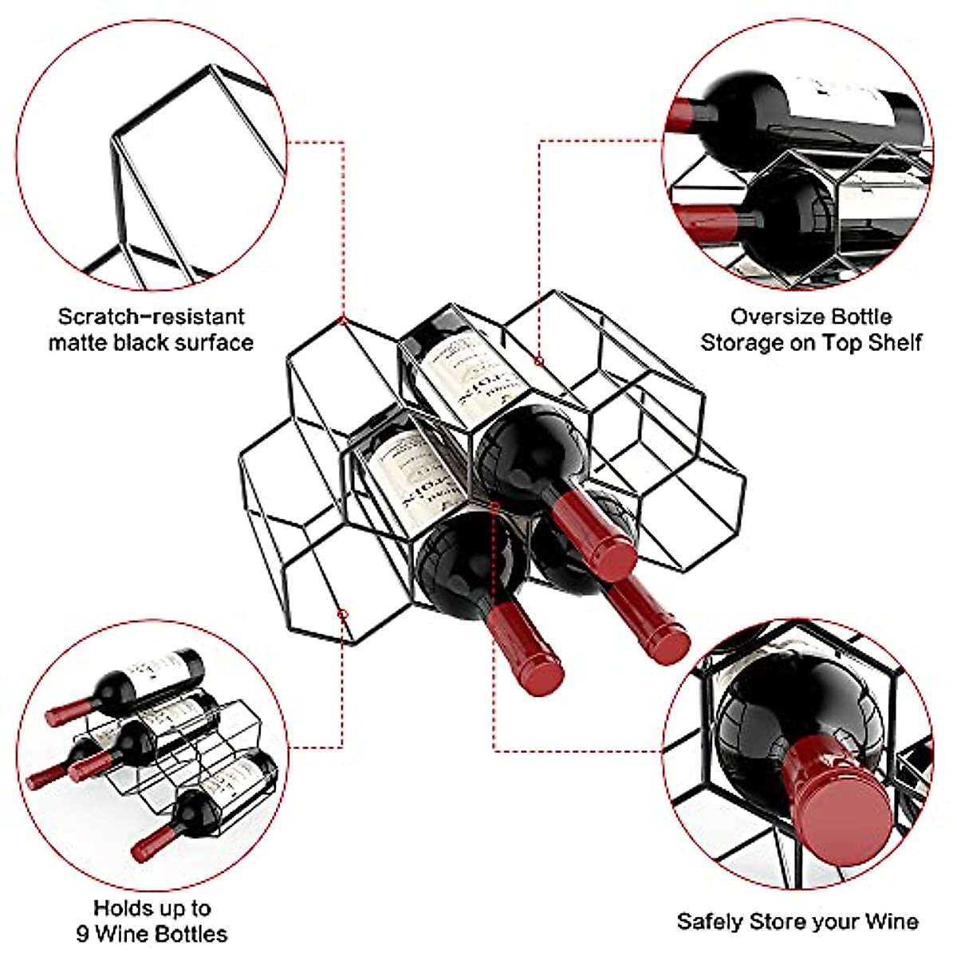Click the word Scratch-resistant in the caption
click(x=151, y=317)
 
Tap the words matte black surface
click(x=151, y=344)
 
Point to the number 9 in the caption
click(x=82, y=934)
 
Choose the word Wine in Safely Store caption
click(x=890, y=922)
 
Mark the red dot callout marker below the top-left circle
click(x=342, y=321)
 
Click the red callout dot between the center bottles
click(x=495, y=506)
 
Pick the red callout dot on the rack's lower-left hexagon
click(x=343, y=615)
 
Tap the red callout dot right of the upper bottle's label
click(x=539, y=362)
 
